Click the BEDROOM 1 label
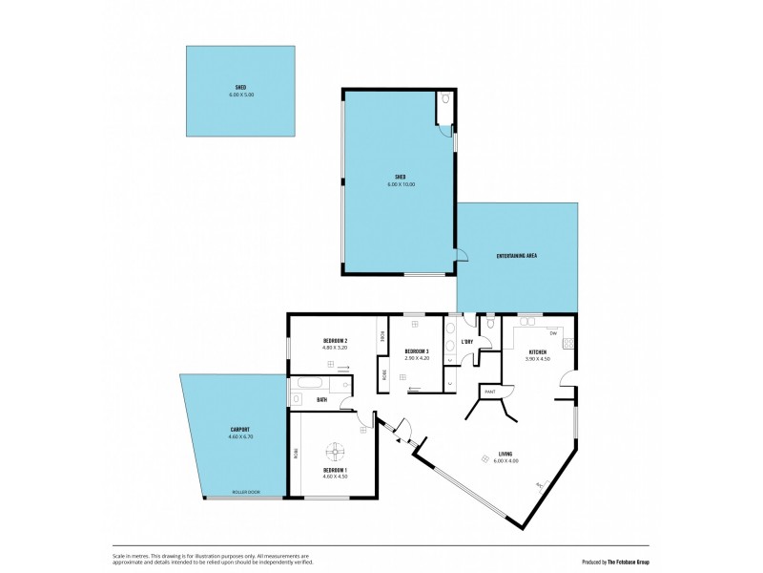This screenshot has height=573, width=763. click(334, 469)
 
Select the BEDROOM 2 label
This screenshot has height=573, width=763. click(334, 341)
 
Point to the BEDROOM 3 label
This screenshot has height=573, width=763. click(416, 351)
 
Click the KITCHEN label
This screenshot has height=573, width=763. click(537, 352)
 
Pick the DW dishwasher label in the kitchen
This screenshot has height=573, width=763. click(552, 332)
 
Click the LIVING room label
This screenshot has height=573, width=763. click(505, 455)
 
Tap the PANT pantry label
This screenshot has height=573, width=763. click(490, 392)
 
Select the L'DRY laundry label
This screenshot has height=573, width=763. click(467, 342)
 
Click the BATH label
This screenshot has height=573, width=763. click(322, 400)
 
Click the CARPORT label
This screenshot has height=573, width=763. click(239, 430)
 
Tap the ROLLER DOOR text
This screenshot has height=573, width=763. click(245, 493)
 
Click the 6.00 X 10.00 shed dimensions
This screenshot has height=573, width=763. click(401, 183)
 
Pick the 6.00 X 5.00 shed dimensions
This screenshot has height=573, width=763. click(241, 95)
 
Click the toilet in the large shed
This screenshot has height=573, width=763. click(446, 100)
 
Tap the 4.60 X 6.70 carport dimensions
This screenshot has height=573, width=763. click(239, 437)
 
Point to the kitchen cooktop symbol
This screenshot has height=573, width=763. click(568, 343)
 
